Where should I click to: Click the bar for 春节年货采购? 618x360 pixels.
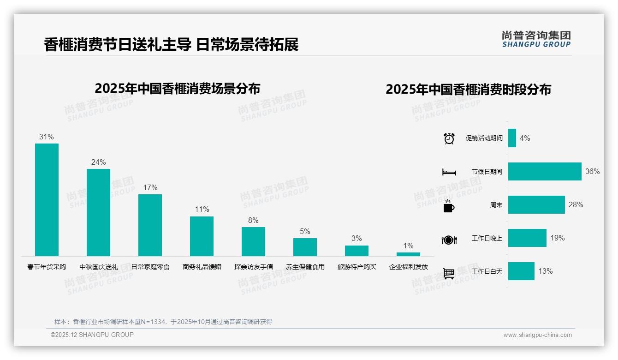click(x=47, y=199)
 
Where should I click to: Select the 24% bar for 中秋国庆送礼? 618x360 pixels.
click(x=98, y=212)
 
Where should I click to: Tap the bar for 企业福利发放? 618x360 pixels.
click(x=408, y=254)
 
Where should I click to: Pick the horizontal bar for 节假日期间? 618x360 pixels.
click(x=544, y=171)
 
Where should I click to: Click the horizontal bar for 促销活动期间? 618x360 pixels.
click(x=512, y=138)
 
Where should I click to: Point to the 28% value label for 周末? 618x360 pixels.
click(x=576, y=204)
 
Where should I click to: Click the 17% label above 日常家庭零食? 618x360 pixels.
click(x=150, y=187)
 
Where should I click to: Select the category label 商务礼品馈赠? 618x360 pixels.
click(x=202, y=267)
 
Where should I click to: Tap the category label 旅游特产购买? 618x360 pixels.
click(x=357, y=267)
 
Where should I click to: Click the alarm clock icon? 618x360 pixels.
click(x=449, y=138)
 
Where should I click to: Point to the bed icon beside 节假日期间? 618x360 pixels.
click(x=449, y=172)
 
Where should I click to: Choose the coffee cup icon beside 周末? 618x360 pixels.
click(x=449, y=206)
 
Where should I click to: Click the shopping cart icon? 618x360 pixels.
click(x=449, y=273)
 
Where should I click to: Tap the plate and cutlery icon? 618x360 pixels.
click(x=449, y=240)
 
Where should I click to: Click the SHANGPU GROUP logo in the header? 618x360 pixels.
click(x=536, y=39)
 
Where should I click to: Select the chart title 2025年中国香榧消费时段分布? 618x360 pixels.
click(x=468, y=89)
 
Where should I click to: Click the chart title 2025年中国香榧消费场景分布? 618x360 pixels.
click(x=177, y=88)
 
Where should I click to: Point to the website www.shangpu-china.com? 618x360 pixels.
click(x=537, y=335)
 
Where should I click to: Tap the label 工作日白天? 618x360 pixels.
click(x=487, y=271)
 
